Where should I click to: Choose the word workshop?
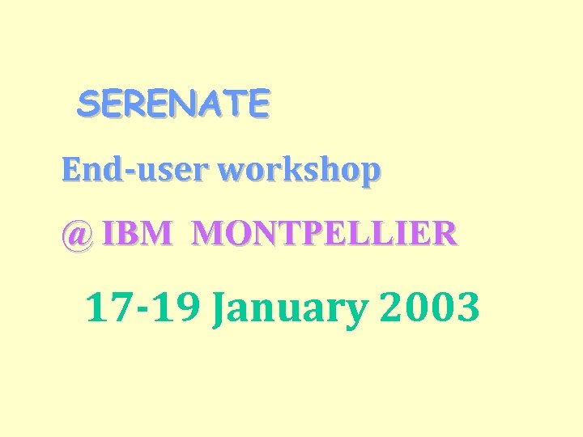300,172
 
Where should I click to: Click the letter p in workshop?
370,173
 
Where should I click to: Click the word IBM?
138,234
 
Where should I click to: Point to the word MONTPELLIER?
325,234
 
